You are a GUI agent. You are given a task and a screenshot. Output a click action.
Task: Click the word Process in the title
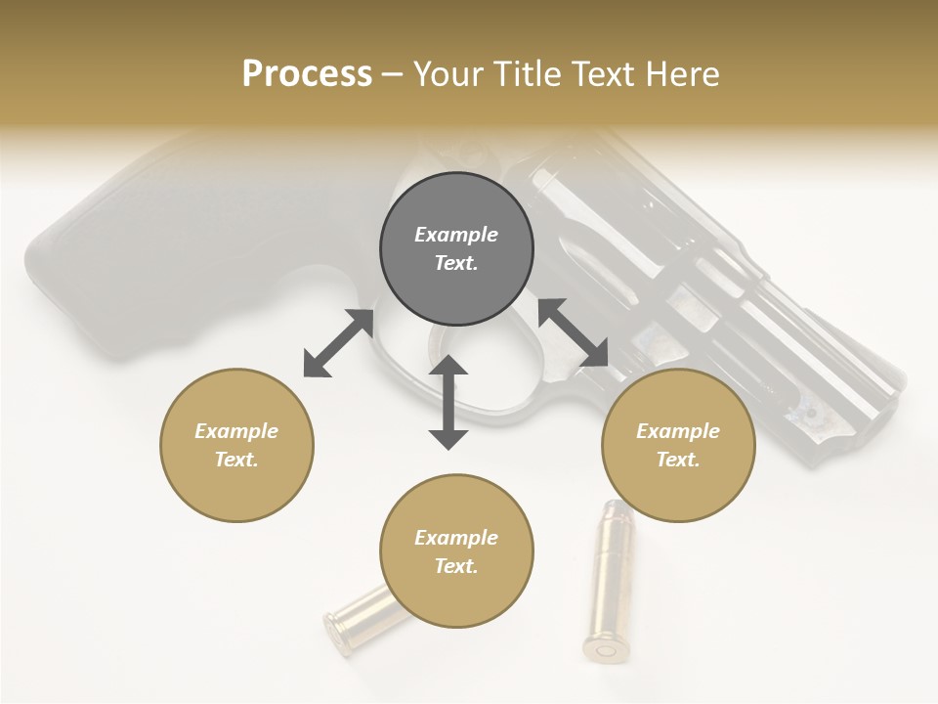point(307,74)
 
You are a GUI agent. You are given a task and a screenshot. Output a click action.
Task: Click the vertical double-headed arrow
point(448,402)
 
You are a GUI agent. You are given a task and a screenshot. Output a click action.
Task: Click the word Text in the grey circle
point(456,263)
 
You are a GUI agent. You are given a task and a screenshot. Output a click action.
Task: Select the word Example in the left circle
point(236,431)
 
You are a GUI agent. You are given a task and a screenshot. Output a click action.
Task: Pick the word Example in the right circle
point(678,431)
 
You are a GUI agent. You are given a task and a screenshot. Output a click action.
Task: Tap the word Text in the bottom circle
point(456,566)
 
